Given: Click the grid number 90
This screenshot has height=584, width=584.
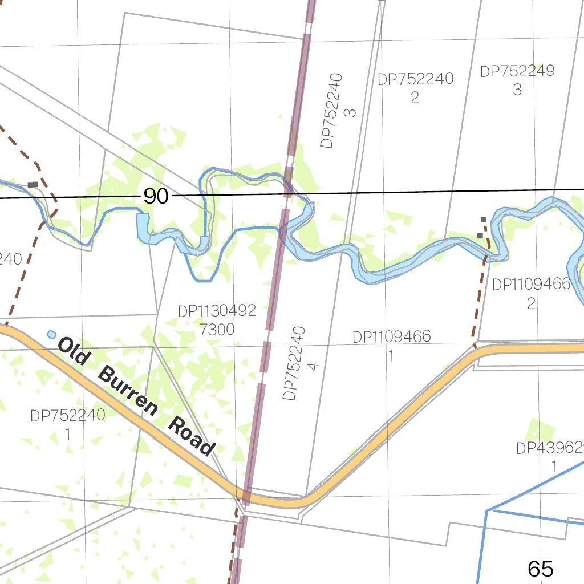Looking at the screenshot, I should [x=156, y=197].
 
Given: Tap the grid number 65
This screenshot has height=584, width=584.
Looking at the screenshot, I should [x=540, y=569].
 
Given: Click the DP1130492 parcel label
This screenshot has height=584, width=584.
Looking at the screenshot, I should [x=217, y=311].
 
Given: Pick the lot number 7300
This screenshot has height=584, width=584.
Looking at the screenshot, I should [x=217, y=329].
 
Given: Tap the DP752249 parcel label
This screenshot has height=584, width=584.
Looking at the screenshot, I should [x=517, y=71].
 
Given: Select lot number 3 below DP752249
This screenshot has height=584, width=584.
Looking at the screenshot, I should [x=517, y=90].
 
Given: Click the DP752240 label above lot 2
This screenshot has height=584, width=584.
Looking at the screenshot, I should [x=415, y=79].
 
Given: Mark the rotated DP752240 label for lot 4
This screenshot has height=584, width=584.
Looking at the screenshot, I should [x=293, y=363].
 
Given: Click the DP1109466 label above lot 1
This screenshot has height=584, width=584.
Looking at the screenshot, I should [x=391, y=337].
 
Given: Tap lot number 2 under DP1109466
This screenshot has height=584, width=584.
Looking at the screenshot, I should [x=531, y=303].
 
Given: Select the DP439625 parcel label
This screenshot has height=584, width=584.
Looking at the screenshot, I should [x=550, y=448].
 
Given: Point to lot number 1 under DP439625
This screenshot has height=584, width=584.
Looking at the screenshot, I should [x=553, y=467].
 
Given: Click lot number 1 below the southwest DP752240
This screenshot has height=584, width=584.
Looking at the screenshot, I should [x=67, y=434].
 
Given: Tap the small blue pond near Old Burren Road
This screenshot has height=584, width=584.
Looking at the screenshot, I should [x=52, y=334].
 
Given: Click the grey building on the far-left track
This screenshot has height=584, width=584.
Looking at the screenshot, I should [x=33, y=185].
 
